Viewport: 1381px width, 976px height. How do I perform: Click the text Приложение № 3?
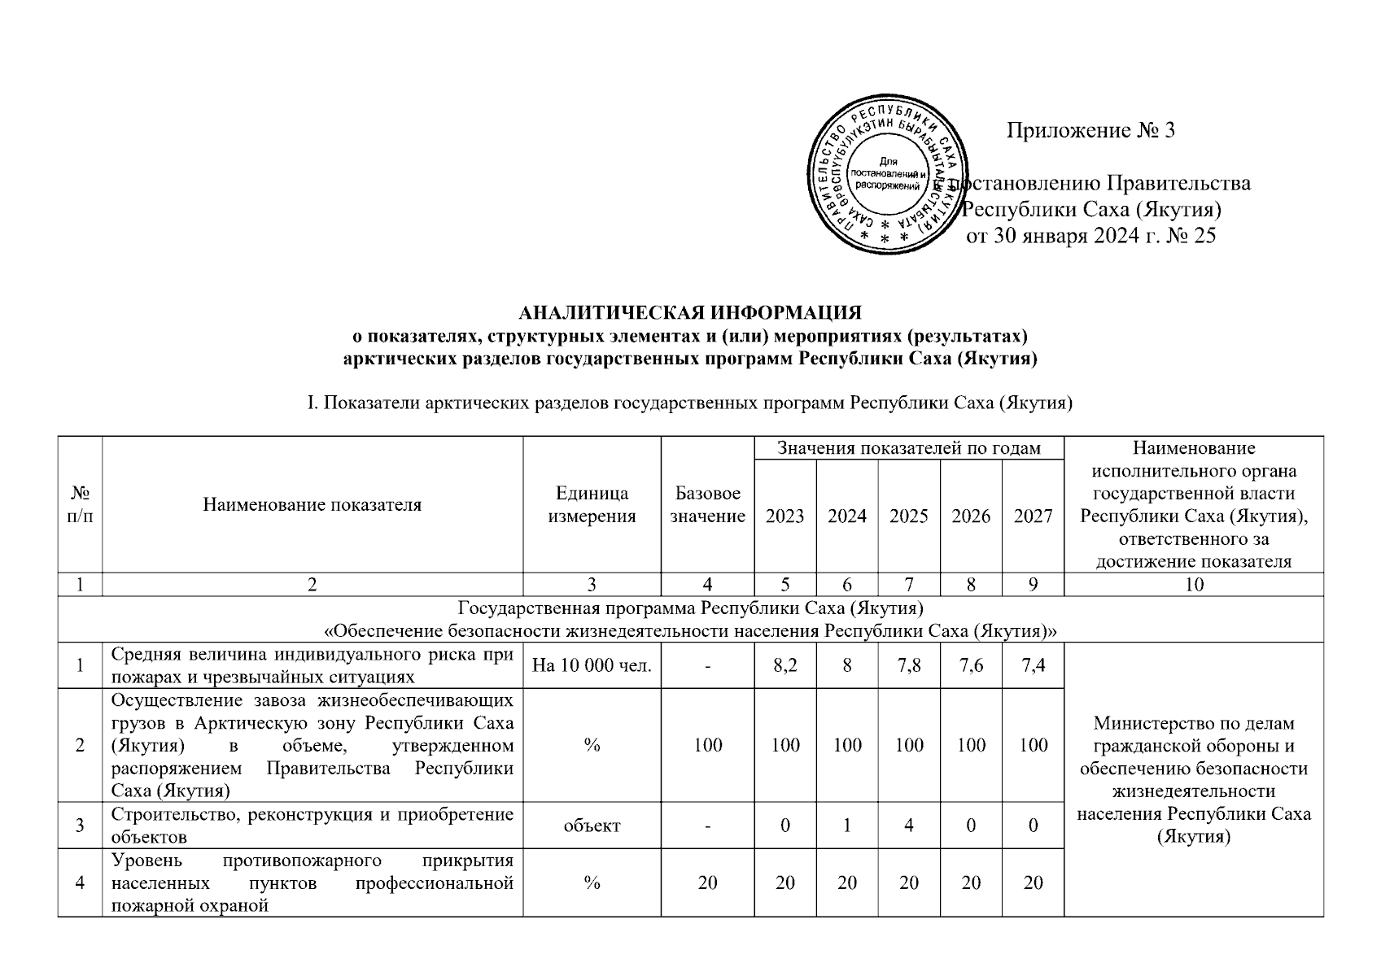tap(1090, 130)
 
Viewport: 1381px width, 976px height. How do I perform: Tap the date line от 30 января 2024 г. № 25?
tap(1090, 237)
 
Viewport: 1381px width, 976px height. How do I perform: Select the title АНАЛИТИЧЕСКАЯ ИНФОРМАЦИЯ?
tap(690, 313)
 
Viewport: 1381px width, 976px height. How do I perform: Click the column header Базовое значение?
tap(707, 504)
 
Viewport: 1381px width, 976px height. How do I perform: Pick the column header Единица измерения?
tap(592, 504)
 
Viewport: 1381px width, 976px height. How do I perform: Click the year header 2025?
tap(909, 516)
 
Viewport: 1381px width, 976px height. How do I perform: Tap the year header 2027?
tap(1033, 516)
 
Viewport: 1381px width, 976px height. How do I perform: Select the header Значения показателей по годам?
tap(909, 448)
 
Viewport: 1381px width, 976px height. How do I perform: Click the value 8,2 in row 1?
tap(785, 666)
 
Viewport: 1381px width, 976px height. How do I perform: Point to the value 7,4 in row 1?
tap(1033, 666)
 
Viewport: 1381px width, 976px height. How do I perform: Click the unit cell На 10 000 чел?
tap(592, 666)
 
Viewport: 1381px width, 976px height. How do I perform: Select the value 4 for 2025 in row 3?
tap(909, 826)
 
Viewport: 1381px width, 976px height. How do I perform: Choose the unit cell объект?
tap(592, 826)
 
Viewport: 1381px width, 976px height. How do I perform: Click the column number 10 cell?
tap(1194, 584)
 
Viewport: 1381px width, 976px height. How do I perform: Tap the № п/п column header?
tap(80, 504)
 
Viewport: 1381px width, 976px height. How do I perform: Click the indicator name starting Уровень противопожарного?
tap(312, 882)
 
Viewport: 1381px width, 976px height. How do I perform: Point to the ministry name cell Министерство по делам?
tap(1194, 779)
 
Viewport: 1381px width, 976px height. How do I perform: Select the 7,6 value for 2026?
tap(971, 666)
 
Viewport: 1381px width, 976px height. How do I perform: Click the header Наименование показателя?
tap(312, 504)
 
